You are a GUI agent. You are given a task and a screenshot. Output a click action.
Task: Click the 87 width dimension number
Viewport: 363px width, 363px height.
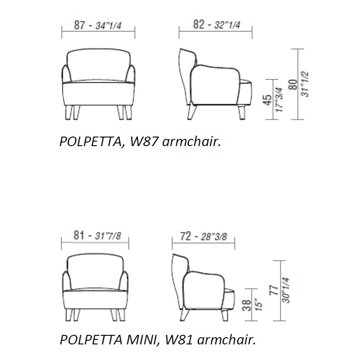tap(79, 25)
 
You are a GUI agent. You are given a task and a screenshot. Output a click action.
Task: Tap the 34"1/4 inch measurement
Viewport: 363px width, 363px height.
tap(108, 26)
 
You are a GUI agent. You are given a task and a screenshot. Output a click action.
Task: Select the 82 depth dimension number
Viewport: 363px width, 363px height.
tap(199, 25)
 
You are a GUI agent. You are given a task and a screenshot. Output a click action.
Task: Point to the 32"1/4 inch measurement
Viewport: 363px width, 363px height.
tap(227, 25)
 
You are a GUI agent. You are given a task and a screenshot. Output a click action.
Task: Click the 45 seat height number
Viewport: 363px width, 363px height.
tap(268, 100)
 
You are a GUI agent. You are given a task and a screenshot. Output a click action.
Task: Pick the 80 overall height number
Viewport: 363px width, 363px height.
tap(293, 84)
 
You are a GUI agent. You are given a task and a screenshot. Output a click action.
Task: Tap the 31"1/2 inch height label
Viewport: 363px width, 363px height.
tap(305, 84)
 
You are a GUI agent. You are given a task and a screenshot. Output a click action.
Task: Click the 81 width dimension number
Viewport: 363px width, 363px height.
tap(78, 235)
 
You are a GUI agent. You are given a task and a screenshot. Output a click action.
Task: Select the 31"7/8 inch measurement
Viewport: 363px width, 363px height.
tap(108, 236)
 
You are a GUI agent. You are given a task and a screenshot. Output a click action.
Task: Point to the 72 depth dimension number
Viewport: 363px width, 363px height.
tap(186, 236)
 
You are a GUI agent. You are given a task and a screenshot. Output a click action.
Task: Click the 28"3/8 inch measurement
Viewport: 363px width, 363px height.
tap(214, 237)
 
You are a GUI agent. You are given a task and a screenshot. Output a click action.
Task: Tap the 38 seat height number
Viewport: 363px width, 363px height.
tap(247, 305)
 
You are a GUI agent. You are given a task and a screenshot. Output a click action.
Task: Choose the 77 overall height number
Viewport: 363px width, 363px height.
tap(274, 290)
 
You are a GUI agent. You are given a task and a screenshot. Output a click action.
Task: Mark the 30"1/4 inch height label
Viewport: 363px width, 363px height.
tap(286, 290)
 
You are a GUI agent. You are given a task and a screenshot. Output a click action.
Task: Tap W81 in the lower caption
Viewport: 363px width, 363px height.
tap(179, 340)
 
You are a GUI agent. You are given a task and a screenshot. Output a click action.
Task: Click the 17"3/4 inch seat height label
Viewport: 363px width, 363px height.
tap(280, 100)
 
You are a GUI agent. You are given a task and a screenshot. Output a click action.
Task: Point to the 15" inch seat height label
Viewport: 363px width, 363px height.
tap(259, 305)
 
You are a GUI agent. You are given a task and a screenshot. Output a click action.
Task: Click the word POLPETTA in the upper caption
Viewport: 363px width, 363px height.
tap(90, 142)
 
